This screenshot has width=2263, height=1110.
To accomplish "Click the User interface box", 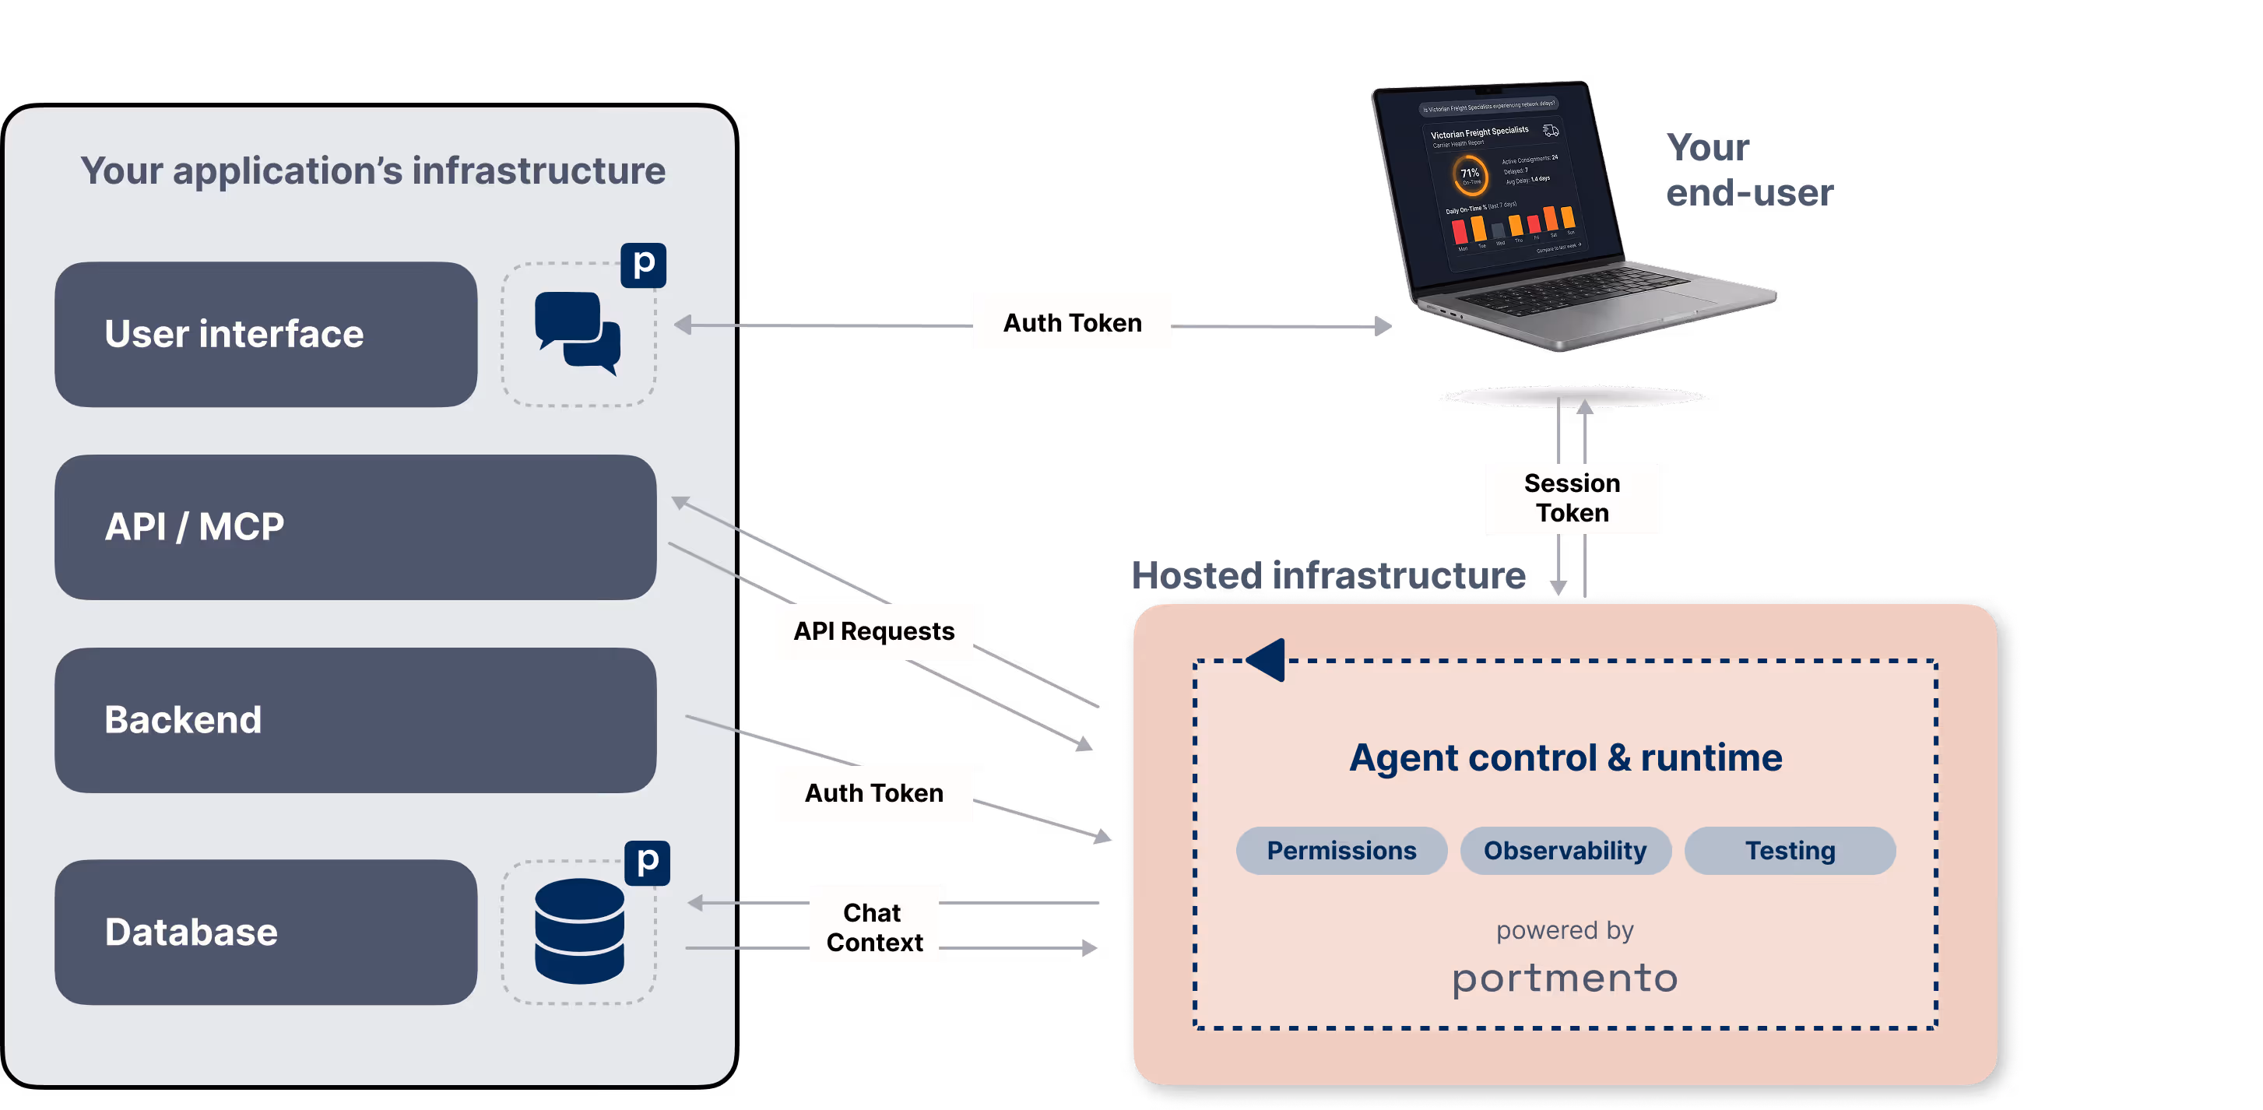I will pyautogui.click(x=265, y=335).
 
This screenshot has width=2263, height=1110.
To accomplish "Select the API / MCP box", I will pyautogui.click(x=355, y=527).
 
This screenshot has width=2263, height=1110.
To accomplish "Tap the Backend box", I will pyautogui.click(x=355, y=720).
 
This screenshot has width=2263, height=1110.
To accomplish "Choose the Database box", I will pyautogui.click(x=265, y=932).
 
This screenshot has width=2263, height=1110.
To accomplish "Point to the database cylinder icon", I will pyautogui.click(x=579, y=932).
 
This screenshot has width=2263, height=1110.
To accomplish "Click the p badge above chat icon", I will pyautogui.click(x=643, y=265).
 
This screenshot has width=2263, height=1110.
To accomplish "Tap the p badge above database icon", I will pyautogui.click(x=648, y=862).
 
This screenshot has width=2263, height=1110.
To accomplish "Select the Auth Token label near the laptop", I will pyautogui.click(x=1072, y=322).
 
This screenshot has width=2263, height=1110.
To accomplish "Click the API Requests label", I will pyautogui.click(x=873, y=631).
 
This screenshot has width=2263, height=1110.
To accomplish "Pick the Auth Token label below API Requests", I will pyautogui.click(x=873, y=793).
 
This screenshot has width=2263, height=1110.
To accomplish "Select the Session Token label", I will pyautogui.click(x=1571, y=498).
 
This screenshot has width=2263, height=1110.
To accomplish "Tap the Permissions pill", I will pyautogui.click(x=1341, y=850).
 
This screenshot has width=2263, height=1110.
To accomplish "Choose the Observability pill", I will pyautogui.click(x=1565, y=850).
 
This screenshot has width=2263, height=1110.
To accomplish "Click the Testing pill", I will pyautogui.click(x=1790, y=850).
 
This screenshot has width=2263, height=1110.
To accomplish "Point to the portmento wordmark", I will pyautogui.click(x=1565, y=978).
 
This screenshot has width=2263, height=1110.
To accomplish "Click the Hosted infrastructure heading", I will pyautogui.click(x=1327, y=575).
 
